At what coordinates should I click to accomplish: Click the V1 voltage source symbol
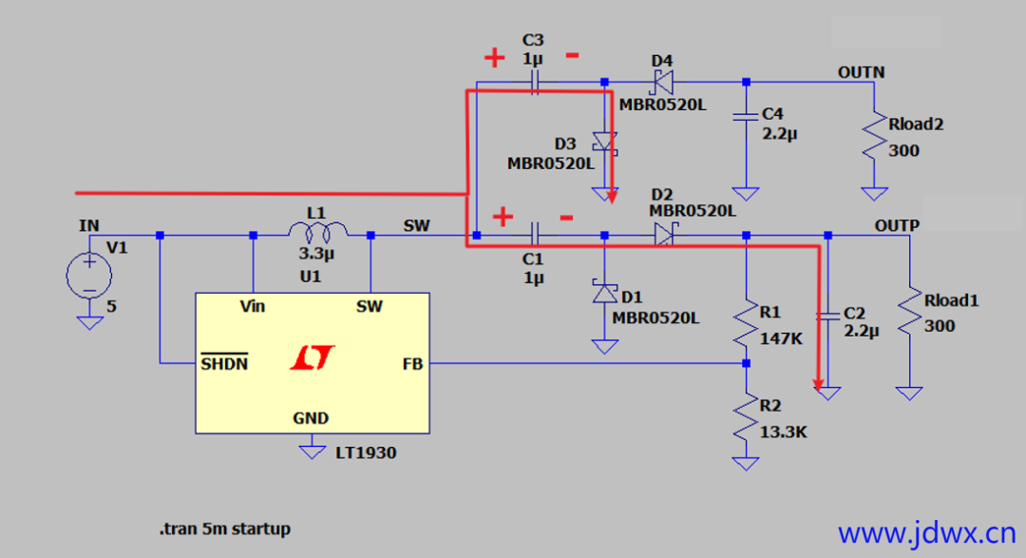[x=89, y=276]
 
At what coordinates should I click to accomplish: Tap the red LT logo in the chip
[x=313, y=357]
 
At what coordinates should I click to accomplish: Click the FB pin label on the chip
[x=412, y=364]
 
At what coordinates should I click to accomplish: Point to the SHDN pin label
[x=224, y=363]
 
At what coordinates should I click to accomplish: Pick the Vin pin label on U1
[x=253, y=306]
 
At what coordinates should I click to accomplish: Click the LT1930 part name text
[x=366, y=453]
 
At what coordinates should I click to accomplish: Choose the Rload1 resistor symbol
[x=909, y=313]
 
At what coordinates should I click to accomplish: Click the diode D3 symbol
[x=604, y=143]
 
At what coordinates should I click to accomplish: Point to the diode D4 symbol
[x=663, y=83]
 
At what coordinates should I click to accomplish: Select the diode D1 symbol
[x=604, y=292]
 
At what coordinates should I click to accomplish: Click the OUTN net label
[x=861, y=72]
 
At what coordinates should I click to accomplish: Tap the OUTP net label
[x=897, y=225]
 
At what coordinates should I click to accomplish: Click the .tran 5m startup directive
[x=224, y=529]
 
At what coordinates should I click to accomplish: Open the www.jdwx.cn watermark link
[x=927, y=533]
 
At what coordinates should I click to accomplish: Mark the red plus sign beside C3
[x=495, y=58]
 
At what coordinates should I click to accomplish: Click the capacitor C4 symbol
[x=746, y=117]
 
